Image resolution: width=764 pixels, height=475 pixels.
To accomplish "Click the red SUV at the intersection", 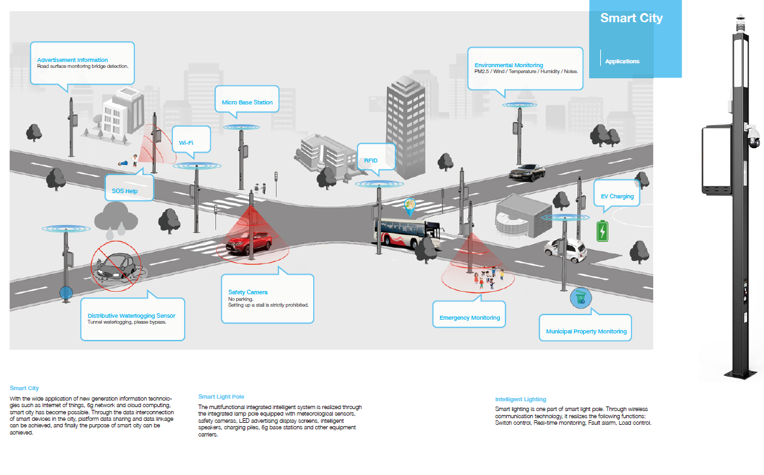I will click(x=249, y=243).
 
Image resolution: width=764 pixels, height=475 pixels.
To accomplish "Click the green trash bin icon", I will click(x=578, y=299).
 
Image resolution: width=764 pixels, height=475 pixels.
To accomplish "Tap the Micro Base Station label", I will click(x=247, y=102).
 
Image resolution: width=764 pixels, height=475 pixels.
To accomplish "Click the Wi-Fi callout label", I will click(x=186, y=142).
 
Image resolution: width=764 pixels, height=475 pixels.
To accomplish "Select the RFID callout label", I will click(x=371, y=161).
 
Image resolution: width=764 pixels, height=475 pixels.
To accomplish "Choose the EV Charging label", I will click(x=617, y=196).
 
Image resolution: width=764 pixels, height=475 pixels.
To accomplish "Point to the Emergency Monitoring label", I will click(x=470, y=318).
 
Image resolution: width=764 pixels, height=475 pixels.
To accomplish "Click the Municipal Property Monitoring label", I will click(x=586, y=331).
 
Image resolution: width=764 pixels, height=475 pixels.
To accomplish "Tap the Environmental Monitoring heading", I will click(x=509, y=65).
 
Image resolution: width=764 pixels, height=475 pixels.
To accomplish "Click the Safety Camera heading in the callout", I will click(x=248, y=292).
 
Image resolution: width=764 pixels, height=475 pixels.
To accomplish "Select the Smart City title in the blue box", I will click(x=631, y=18).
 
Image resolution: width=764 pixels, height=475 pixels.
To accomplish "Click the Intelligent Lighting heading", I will click(x=521, y=399).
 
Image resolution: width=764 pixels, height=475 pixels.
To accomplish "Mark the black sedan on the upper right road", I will click(x=527, y=172).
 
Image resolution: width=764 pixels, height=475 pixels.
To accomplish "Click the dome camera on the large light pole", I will click(x=754, y=139).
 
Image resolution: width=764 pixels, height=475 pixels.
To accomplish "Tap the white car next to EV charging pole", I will click(x=566, y=248).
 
